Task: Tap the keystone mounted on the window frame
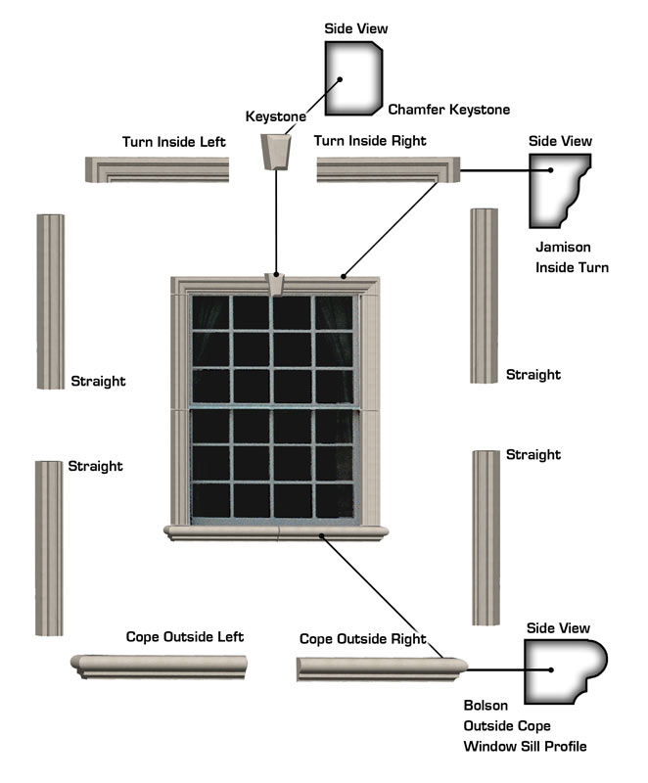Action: point(277,284)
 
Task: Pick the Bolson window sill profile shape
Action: point(563,670)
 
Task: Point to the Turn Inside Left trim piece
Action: point(157,170)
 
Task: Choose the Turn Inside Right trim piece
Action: point(389,170)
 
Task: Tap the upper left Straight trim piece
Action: point(50,301)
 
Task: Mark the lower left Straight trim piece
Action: point(49,549)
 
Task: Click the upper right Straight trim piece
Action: point(484,297)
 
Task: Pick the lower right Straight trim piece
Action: point(486,537)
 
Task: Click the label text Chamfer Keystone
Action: point(449,110)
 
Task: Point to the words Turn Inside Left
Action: point(173,142)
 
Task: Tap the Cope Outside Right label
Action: point(362,639)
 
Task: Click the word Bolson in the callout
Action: point(486,706)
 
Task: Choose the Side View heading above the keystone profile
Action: point(356,28)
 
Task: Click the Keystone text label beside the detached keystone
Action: point(276,116)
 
